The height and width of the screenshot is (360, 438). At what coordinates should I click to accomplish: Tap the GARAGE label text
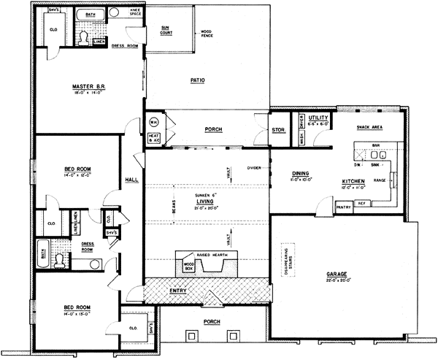tap(336, 275)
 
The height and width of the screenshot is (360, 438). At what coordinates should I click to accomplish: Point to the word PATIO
tap(196, 80)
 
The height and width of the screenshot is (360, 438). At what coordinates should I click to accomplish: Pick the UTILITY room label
tap(319, 117)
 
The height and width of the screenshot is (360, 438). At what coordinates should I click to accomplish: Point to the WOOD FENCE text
tap(207, 32)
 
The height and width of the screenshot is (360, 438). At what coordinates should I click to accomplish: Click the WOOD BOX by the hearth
tap(188, 267)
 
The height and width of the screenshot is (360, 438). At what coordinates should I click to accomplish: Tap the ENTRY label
tap(178, 291)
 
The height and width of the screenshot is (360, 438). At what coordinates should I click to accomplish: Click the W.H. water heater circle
tap(154, 121)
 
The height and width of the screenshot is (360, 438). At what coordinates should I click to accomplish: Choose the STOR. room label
tap(277, 129)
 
